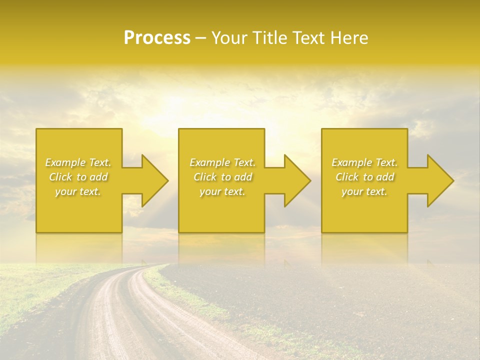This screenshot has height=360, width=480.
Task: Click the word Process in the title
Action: click(x=157, y=38)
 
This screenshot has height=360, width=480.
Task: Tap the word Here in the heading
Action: click(x=349, y=38)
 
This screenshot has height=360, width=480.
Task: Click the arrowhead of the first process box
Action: click(x=152, y=180)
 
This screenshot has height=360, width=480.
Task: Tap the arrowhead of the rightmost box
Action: click(x=438, y=180)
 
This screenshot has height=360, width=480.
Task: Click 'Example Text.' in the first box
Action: click(x=78, y=162)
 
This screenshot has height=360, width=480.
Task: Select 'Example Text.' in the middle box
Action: click(x=222, y=162)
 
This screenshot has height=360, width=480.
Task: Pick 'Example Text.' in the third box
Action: click(x=364, y=162)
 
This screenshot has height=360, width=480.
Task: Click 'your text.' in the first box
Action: click(x=78, y=191)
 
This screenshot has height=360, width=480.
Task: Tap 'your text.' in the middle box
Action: click(x=222, y=191)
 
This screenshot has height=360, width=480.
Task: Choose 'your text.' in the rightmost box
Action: click(x=364, y=191)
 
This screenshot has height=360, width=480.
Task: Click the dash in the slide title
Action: click(x=201, y=38)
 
